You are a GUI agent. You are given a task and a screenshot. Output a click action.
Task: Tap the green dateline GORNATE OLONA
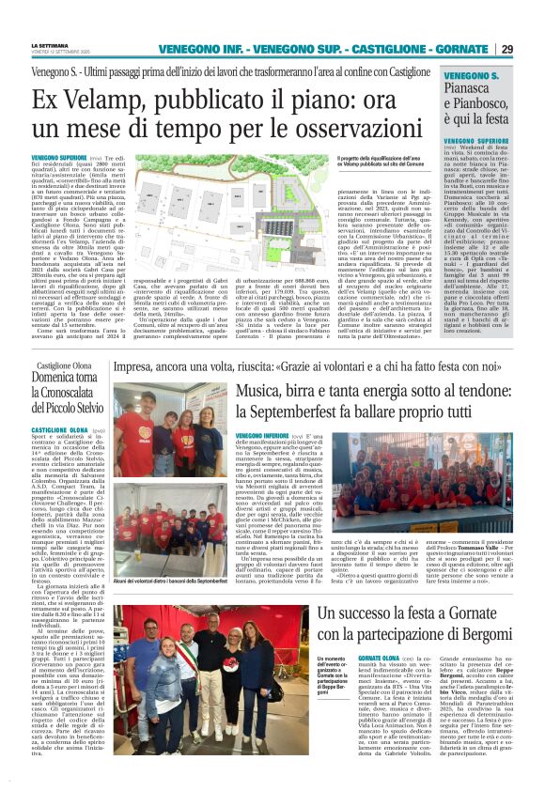354,631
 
